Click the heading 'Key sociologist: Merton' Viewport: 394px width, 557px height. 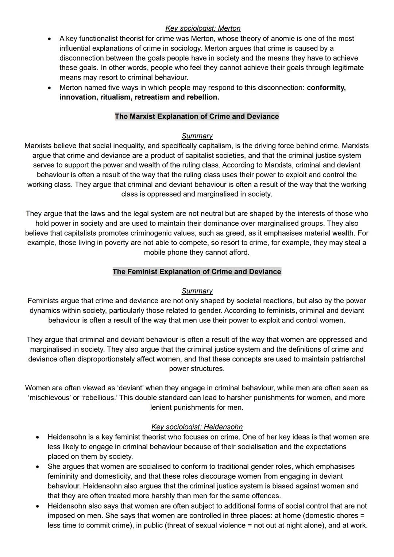pos(203,28)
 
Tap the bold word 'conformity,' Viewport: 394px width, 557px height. pos(326,88)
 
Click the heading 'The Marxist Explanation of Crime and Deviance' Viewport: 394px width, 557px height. pos(197,116)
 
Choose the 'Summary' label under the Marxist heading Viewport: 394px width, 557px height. pos(197,136)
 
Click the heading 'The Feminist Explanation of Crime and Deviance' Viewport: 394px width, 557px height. pos(197,272)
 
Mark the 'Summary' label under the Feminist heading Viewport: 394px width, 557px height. pos(197,291)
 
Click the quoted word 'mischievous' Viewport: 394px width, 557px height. pos(49,398)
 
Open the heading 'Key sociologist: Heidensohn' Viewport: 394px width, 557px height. pos(197,427)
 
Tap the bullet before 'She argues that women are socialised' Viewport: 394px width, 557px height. pos(37,467)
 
